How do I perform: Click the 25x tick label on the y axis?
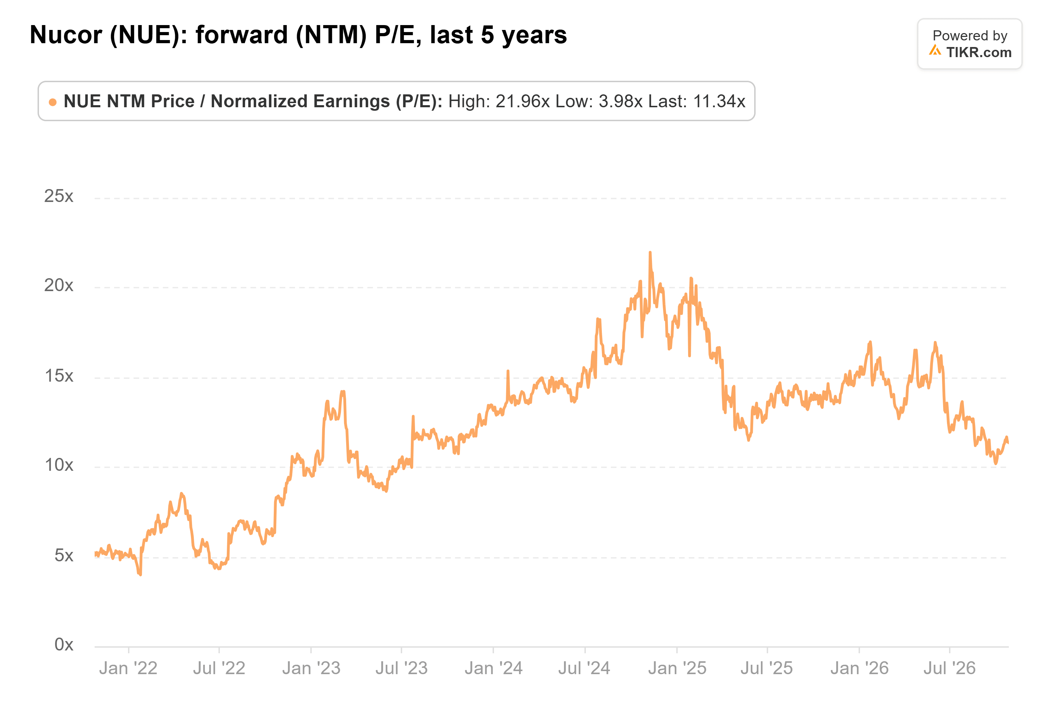(58, 196)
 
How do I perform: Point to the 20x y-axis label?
(58, 285)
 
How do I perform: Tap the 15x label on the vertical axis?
(58, 376)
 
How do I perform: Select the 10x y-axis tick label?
(58, 465)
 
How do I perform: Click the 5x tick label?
(64, 556)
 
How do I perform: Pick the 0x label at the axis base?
(64, 645)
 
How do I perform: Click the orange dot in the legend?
(53, 102)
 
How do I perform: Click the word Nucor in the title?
(66, 35)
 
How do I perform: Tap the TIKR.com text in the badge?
(979, 52)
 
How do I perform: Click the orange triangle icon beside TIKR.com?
(935, 50)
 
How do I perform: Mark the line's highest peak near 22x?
(650, 252)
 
